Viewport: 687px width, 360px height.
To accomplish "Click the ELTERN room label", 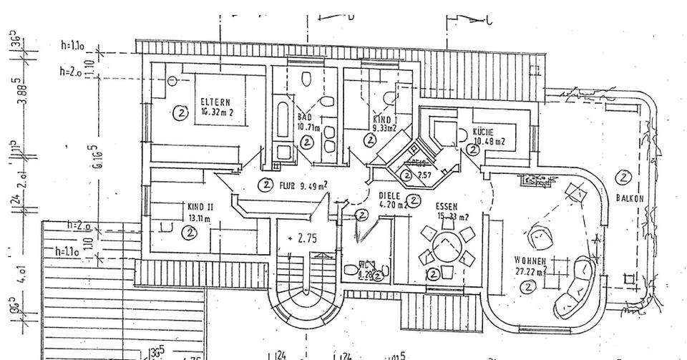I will click(215, 101).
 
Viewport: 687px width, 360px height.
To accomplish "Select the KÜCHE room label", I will click(484, 132).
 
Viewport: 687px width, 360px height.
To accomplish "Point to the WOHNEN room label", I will click(530, 260).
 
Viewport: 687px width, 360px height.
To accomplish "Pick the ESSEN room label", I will click(446, 206).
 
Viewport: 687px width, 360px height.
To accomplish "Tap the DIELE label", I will click(388, 194).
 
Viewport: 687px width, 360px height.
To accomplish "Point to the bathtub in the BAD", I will click(280, 122).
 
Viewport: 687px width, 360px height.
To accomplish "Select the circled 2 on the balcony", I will click(624, 176).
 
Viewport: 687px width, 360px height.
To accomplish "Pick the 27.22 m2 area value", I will click(529, 272).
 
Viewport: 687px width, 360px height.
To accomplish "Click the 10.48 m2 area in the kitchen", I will click(490, 142).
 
